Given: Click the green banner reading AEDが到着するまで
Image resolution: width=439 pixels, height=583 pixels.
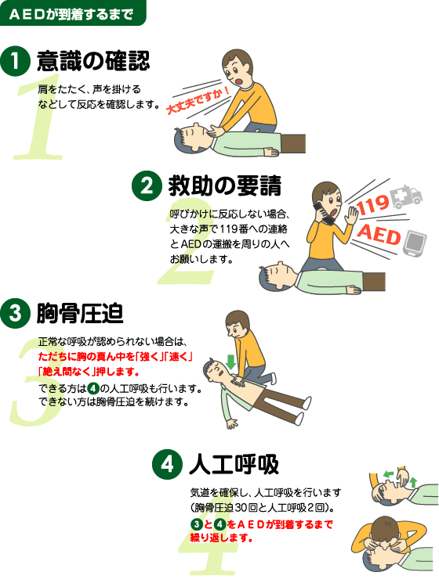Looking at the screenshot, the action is coord(73,13).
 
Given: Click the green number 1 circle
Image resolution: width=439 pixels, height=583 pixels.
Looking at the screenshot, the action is coord(15,61).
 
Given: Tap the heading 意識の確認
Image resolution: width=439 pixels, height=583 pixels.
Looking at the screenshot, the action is coord(93,61).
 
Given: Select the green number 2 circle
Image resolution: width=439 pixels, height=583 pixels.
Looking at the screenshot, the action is coord(147,186).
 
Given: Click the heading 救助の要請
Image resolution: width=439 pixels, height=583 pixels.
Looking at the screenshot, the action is coord(225,186).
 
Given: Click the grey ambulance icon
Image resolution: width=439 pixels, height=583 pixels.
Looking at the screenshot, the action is coord(407,197).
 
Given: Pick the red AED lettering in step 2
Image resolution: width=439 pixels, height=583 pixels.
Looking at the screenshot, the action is coord(379,235).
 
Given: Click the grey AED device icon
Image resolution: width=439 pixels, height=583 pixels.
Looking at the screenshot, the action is coord(415,243).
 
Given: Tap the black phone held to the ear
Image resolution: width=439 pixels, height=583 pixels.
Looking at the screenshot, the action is coord(323,213).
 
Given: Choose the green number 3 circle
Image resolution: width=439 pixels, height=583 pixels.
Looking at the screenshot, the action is coord(15,314).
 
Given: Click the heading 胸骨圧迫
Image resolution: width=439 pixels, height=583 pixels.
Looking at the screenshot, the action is coord(80,314).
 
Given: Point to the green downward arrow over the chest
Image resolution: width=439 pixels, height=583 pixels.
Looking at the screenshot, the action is coord(230,362).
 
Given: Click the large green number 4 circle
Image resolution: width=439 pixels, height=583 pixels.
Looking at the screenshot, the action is coord(167,464).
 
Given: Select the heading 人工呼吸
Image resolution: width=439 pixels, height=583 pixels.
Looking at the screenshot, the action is coord(234,464).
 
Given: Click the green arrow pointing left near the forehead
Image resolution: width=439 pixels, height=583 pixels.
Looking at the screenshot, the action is coord(388,474).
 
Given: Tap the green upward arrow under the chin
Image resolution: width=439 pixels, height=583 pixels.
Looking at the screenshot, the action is coord(413,483).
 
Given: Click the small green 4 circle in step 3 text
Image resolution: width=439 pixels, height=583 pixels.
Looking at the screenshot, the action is coord(93,389).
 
